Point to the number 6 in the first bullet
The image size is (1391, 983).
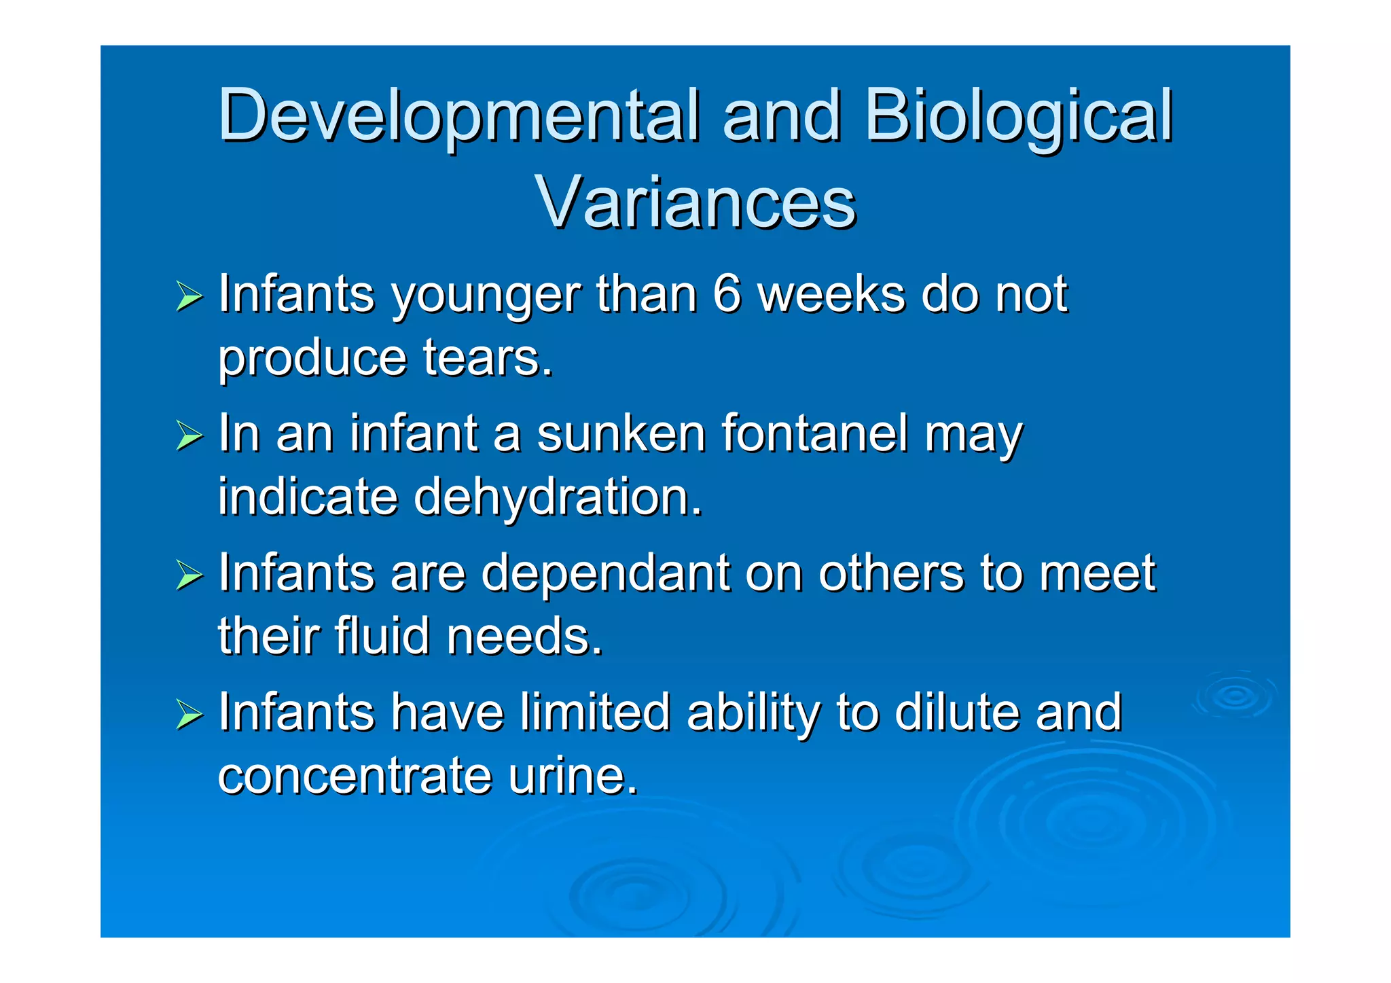[727, 294]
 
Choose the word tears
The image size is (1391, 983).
[488, 357]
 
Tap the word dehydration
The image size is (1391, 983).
[558, 497]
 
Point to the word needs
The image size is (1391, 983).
[524, 636]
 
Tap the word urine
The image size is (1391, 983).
[573, 775]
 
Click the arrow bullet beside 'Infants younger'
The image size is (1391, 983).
[189, 297]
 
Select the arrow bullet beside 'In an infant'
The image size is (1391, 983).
[189, 436]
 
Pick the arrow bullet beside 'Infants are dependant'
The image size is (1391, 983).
[189, 575]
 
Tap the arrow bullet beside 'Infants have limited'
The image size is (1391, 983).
[189, 715]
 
